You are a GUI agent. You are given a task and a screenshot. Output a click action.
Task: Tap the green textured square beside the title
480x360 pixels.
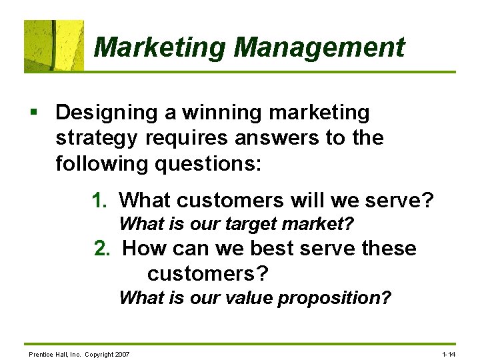(x=54, y=46)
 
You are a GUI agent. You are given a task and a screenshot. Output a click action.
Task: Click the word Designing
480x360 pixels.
(x=107, y=113)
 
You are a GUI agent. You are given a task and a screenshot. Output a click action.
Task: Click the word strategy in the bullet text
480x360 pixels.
(x=95, y=138)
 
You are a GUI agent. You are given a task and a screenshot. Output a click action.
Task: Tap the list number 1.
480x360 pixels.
(x=100, y=199)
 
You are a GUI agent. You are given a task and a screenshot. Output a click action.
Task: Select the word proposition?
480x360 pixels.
(x=334, y=297)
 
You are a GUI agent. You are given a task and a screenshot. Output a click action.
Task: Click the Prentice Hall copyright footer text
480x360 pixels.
(x=79, y=353)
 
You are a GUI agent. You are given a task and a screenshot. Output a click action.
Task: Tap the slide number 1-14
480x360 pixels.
(x=449, y=353)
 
